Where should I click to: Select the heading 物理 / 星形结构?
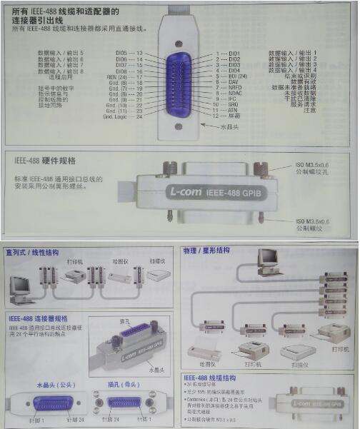tap(207, 251)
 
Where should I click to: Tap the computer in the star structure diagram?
tap(269, 261)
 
